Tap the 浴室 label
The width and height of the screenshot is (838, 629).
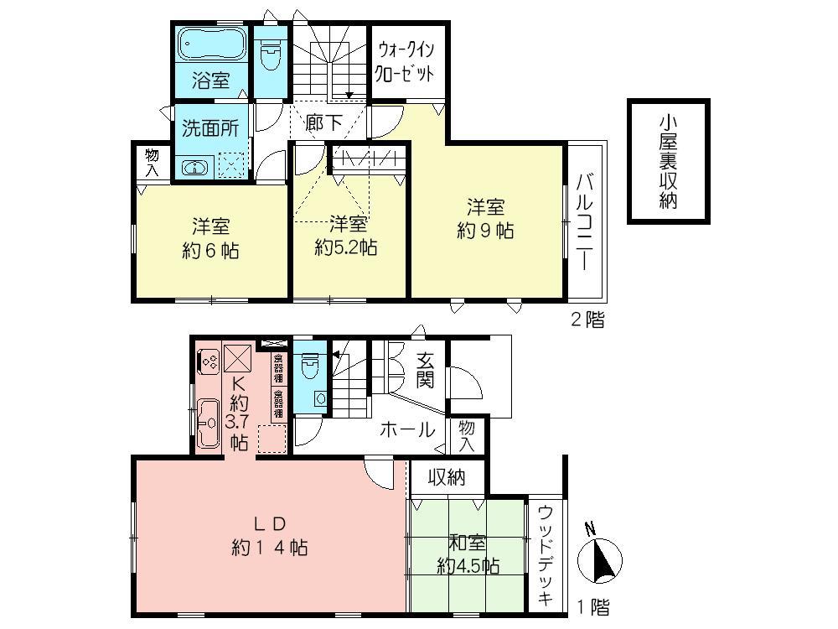coord(209,81)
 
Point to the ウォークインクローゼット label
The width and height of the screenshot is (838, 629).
coord(406,60)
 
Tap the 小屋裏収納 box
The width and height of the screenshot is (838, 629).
coord(668,163)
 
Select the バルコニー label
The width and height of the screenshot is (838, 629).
coord(585,222)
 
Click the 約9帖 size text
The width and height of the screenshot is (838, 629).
coord(485,230)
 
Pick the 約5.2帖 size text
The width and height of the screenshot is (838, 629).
coord(346,247)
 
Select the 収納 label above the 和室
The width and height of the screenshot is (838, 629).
coord(447,478)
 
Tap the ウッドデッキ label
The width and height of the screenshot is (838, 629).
coord(546,554)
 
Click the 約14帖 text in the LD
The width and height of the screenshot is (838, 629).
coord(269,548)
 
